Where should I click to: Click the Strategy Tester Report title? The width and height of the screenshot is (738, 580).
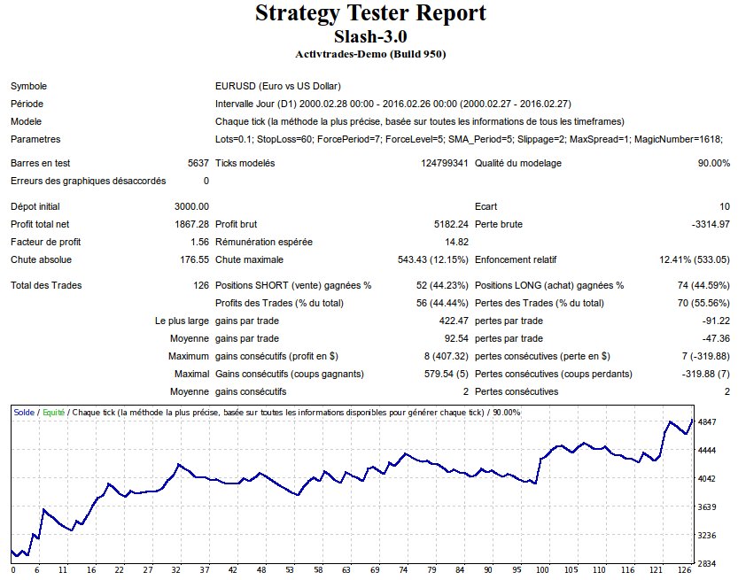coord(369,14)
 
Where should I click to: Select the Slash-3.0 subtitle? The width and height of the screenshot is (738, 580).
coord(369,37)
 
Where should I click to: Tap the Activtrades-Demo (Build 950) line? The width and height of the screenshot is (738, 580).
coord(369,54)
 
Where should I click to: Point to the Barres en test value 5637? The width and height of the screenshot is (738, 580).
coord(198,163)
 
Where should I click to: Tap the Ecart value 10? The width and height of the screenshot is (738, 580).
coord(725,206)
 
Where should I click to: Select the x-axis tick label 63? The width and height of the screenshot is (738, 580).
coord(347,570)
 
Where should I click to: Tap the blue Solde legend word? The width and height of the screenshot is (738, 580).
coord(24,413)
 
